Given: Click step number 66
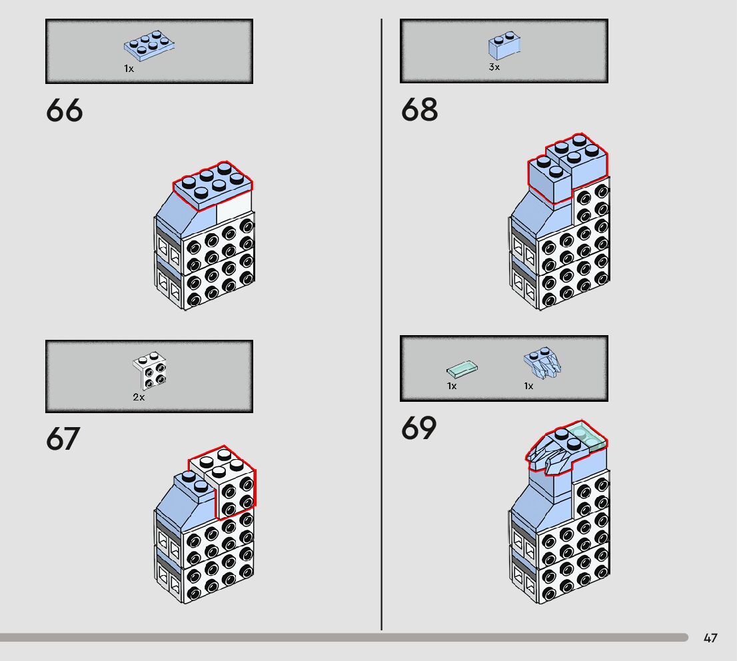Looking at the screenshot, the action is click(65, 111).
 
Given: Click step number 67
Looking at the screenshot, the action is click(63, 438).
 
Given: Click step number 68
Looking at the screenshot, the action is click(419, 110).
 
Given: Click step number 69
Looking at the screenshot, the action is click(419, 428).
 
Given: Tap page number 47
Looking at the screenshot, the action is click(710, 638).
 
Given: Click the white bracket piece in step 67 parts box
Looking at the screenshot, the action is click(150, 370).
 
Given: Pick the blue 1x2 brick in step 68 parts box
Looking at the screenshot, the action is click(504, 46).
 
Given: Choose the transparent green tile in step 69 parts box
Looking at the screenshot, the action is click(462, 368).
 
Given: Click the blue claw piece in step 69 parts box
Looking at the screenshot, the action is click(543, 364).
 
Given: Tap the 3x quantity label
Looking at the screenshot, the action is click(494, 67).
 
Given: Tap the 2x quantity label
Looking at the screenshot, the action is click(139, 397).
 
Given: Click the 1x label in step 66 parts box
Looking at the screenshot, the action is click(129, 69).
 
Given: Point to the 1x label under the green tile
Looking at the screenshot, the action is click(452, 386).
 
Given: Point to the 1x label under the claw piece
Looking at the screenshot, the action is click(528, 386).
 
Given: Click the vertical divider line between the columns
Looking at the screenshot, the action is click(382, 333).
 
